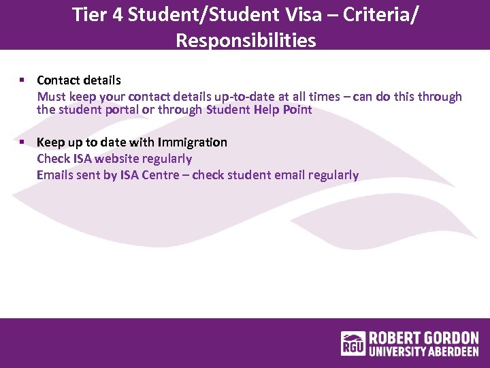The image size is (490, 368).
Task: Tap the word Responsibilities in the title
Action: point(246,40)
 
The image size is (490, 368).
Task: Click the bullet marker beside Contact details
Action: point(22,80)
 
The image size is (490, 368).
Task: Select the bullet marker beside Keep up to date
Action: point(22,142)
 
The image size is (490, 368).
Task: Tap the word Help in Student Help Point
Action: point(267,110)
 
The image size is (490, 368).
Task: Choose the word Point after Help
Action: point(297,110)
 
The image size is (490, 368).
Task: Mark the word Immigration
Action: point(193,142)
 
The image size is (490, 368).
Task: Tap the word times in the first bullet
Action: point(329,97)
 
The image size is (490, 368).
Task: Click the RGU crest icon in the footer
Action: point(353,343)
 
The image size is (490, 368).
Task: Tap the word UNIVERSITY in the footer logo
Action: point(397,352)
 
